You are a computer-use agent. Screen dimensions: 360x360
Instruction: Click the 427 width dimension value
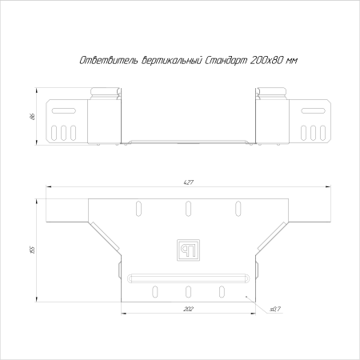[188, 182]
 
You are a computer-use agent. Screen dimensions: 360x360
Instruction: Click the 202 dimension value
[188, 309]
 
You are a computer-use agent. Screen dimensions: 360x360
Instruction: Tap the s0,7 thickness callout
[275, 309]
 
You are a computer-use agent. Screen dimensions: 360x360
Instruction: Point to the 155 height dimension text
[33, 250]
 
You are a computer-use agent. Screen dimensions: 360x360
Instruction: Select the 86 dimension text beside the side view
[33, 117]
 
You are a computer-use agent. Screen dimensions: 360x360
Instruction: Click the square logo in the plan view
[188, 250]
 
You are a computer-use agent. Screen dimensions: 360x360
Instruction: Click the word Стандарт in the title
[226, 61]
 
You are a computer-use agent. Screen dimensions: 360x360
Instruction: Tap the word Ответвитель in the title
[109, 61]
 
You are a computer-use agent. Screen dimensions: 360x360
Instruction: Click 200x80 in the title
[266, 61]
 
